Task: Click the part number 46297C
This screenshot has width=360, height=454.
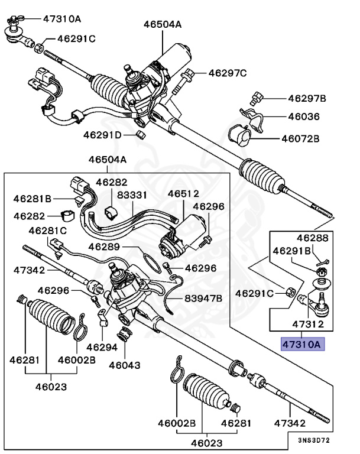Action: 228,73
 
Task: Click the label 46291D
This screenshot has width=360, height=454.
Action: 102,135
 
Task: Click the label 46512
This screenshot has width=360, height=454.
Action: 183,193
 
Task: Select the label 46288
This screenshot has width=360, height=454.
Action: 312,238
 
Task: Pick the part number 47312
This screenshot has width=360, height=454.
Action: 307,325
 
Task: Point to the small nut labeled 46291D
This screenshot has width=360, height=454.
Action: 141,135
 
